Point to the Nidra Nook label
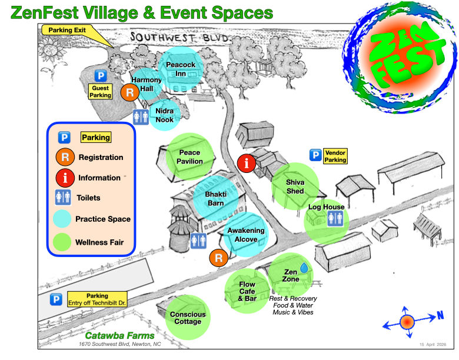click(x=164, y=115)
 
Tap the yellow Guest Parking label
click(x=101, y=91)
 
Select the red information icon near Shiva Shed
click(x=247, y=163)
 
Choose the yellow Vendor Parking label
click(x=335, y=155)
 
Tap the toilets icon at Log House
click(x=334, y=218)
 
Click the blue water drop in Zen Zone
click(x=304, y=268)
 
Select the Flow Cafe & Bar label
click(x=247, y=291)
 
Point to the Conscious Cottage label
click(x=188, y=318)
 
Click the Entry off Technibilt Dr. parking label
click(x=97, y=299)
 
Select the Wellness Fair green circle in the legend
click(x=63, y=242)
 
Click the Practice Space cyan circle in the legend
click(x=63, y=219)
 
